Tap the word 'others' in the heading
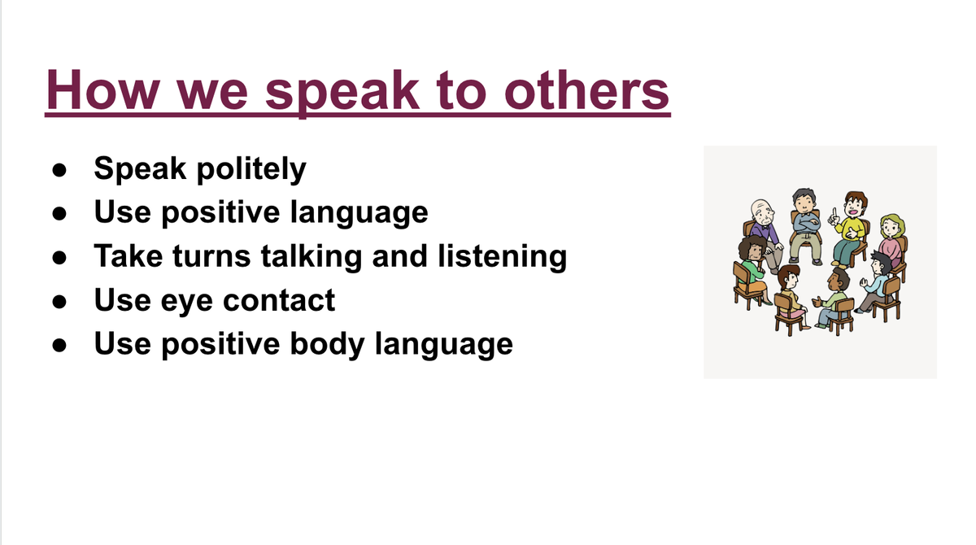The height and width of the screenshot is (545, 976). [x=586, y=89]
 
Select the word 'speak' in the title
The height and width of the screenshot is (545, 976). [x=342, y=94]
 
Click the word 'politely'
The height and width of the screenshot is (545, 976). [x=251, y=169]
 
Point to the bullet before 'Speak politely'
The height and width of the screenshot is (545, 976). [x=59, y=170]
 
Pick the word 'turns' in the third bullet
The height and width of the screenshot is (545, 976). [x=211, y=256]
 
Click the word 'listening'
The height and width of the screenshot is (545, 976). [x=503, y=256]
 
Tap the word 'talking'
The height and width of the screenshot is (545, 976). [x=312, y=256]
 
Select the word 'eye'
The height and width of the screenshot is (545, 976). [x=186, y=302]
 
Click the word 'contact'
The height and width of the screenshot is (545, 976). [x=279, y=301]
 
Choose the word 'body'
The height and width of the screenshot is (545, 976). [x=327, y=345]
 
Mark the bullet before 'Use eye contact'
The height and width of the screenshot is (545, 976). [x=59, y=302]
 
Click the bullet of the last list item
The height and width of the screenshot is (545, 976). [x=59, y=345]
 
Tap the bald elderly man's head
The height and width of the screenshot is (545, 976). [x=762, y=211]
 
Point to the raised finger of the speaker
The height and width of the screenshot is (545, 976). [x=834, y=212]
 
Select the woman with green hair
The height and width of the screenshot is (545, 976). [x=891, y=240]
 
